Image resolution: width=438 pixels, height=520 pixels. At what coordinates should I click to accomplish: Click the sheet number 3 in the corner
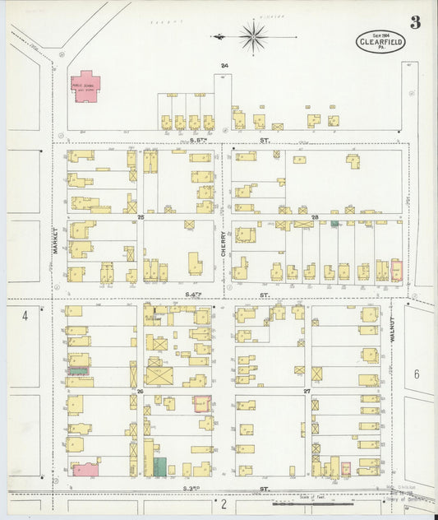(x=415, y=22)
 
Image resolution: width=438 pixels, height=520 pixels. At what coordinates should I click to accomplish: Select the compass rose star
(x=253, y=36)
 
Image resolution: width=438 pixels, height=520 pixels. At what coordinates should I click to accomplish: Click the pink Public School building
(x=85, y=86)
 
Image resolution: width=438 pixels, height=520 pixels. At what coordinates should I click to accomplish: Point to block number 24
(x=224, y=65)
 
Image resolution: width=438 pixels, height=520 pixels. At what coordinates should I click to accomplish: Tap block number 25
(x=141, y=217)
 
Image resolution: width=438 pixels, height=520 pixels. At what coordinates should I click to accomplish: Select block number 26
(x=141, y=392)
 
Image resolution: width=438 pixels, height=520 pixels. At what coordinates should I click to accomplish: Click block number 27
(x=307, y=392)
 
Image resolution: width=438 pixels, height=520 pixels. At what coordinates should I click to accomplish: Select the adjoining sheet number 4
(x=25, y=315)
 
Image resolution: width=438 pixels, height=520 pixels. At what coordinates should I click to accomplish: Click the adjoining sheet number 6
(x=416, y=374)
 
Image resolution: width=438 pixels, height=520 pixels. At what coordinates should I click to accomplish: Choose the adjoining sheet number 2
(x=223, y=502)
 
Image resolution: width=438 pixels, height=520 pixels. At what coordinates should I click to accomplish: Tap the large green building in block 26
(x=159, y=466)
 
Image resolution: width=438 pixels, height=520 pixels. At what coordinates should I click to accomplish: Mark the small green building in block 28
(x=334, y=223)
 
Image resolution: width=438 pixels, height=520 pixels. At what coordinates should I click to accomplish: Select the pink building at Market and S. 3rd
(x=85, y=469)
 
